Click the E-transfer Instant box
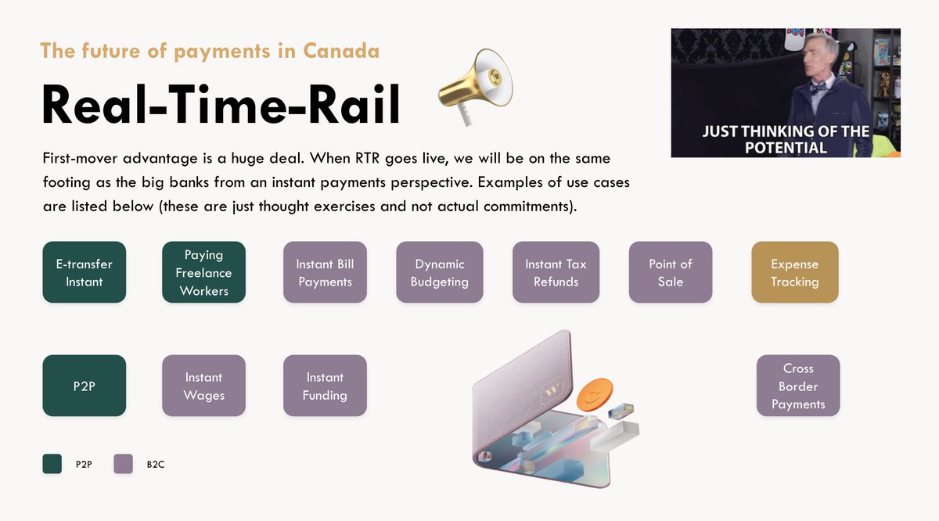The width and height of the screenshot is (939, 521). point(84,272)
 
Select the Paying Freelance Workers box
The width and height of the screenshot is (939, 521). point(203,272)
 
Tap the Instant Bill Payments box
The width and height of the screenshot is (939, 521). point(325,272)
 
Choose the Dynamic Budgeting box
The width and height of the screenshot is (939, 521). point(439,272)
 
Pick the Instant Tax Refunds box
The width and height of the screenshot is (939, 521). point(556,272)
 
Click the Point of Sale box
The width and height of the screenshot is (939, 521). point(671,272)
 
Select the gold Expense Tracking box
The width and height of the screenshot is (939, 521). point(794,272)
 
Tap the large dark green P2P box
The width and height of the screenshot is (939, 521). point(84,386)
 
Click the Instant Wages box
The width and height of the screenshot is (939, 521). point(203,386)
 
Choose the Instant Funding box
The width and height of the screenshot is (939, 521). point(325,386)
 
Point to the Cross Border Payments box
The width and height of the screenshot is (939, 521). point(798,386)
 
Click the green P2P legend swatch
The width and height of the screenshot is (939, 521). point(52,464)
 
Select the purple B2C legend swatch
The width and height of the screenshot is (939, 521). point(124,464)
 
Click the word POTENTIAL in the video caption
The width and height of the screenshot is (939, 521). point(786,147)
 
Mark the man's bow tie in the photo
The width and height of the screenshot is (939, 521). point(818,88)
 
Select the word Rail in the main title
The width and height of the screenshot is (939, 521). point(356,105)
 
